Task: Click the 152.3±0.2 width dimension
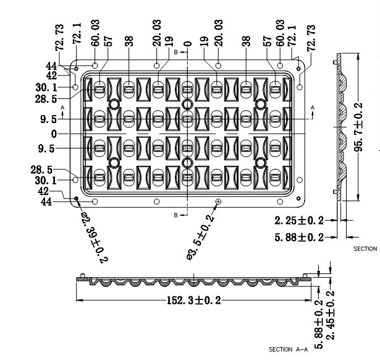point(194,301)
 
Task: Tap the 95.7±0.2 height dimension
point(358,127)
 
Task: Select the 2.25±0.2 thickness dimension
point(299,220)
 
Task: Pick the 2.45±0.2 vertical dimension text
point(330,315)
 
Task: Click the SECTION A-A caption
point(288,349)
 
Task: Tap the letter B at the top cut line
point(176,52)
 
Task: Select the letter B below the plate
point(176,215)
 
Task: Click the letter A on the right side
point(313,108)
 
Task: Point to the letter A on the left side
point(62,107)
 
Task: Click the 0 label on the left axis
point(54,134)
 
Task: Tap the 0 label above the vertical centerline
point(188,44)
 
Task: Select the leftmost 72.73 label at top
point(59,37)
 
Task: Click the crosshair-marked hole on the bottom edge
point(218,202)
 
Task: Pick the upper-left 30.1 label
point(46,87)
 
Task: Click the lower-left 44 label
point(46,202)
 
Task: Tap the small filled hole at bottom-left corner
point(77,199)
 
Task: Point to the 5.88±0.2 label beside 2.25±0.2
point(299,238)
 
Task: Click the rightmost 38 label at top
point(246,41)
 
